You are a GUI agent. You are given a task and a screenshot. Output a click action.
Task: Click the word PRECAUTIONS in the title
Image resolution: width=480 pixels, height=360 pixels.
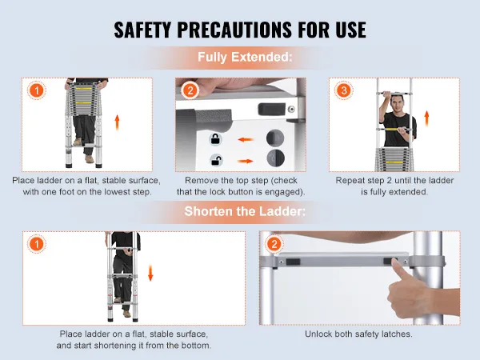[234, 30]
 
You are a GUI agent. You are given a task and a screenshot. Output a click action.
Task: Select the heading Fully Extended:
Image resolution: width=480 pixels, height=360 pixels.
[245, 57]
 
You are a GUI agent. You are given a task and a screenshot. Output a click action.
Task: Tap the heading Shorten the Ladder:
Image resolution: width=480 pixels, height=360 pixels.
[245, 211]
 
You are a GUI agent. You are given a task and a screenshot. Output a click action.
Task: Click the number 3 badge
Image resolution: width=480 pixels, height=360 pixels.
[344, 90]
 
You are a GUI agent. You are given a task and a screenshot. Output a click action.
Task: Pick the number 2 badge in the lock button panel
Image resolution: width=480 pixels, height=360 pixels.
[190, 90]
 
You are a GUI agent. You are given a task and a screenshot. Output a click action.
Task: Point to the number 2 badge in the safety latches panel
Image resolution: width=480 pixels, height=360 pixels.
[274, 244]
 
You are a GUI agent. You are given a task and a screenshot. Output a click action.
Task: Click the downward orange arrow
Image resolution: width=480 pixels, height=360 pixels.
[150, 273]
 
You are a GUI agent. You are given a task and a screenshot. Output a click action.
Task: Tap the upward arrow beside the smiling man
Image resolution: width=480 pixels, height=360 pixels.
[426, 119]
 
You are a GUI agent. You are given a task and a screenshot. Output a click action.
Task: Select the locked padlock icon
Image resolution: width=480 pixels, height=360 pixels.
[216, 139]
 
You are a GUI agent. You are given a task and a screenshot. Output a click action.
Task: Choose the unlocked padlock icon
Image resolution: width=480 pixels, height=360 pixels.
[216, 160]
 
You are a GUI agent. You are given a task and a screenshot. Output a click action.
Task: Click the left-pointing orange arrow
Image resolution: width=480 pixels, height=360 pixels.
[246, 140]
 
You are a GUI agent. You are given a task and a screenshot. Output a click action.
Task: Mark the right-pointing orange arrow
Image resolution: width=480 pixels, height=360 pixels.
[246, 161]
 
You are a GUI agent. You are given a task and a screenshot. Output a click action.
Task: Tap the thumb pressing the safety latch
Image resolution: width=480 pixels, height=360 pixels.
[398, 270]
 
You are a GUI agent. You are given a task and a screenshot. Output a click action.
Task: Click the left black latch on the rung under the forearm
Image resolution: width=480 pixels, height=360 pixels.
[293, 262]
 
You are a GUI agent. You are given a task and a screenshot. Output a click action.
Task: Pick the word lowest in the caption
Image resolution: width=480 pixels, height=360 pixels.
[118, 192]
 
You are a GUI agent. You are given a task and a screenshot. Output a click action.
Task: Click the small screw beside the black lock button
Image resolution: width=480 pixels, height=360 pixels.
[292, 109]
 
